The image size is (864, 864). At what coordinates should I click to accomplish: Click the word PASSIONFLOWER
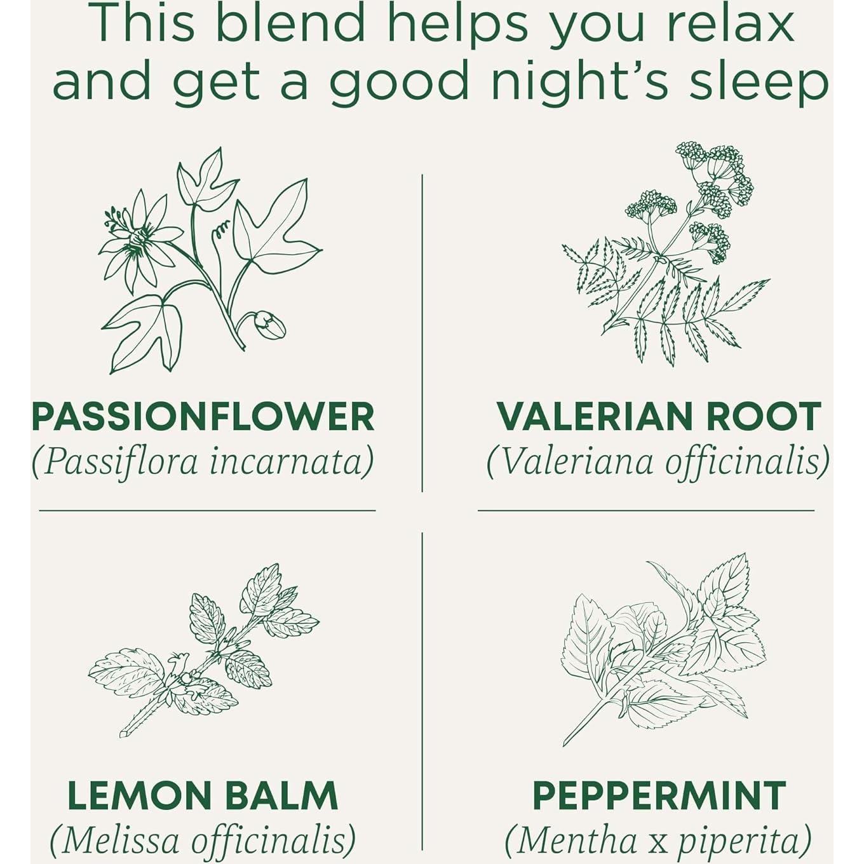point(203,417)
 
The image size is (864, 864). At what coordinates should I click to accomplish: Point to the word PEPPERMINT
point(659,795)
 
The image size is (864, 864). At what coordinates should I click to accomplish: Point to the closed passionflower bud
point(269,324)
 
